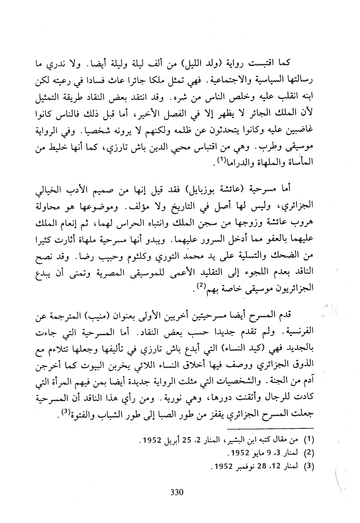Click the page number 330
(x=177, y=492)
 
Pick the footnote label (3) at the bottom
(x=310, y=466)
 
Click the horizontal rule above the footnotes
(x=269, y=430)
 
